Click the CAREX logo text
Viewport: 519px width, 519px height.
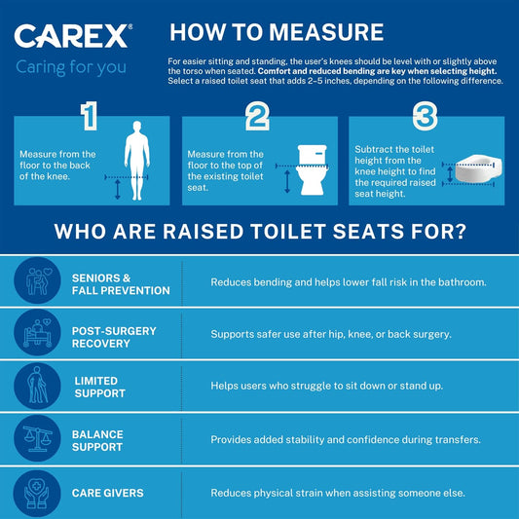(69, 38)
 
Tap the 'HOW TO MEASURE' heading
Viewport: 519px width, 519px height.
(276, 31)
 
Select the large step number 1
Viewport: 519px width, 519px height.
(90, 116)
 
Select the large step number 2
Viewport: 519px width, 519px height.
(256, 116)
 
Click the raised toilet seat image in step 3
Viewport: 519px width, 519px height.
(473, 171)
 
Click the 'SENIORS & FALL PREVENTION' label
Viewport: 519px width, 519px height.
(121, 283)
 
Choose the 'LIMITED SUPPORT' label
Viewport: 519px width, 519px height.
(98, 387)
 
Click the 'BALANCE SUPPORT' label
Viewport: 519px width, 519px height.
(98, 439)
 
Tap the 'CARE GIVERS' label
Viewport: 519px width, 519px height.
(107, 493)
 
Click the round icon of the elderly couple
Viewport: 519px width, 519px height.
(37, 282)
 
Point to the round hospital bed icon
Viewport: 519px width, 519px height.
(37, 335)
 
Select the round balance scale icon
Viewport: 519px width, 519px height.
(37, 439)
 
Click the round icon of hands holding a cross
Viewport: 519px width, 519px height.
(37, 492)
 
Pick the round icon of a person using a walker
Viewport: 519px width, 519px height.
(37, 387)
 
